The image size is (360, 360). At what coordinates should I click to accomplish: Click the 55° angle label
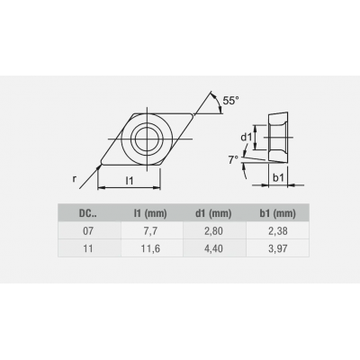231,101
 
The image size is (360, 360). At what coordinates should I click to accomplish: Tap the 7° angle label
233,160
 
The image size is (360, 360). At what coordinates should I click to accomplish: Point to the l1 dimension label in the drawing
130,180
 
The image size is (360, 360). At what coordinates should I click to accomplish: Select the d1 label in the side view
246,138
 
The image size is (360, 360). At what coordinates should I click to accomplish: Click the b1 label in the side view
278,178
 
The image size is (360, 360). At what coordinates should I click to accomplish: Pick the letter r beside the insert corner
75,179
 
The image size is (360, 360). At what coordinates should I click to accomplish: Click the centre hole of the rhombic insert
147,139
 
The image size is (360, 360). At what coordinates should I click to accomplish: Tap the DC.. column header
88,213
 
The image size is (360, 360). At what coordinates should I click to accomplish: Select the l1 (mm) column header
150,213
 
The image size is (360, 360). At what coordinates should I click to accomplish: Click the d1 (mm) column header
213,213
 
